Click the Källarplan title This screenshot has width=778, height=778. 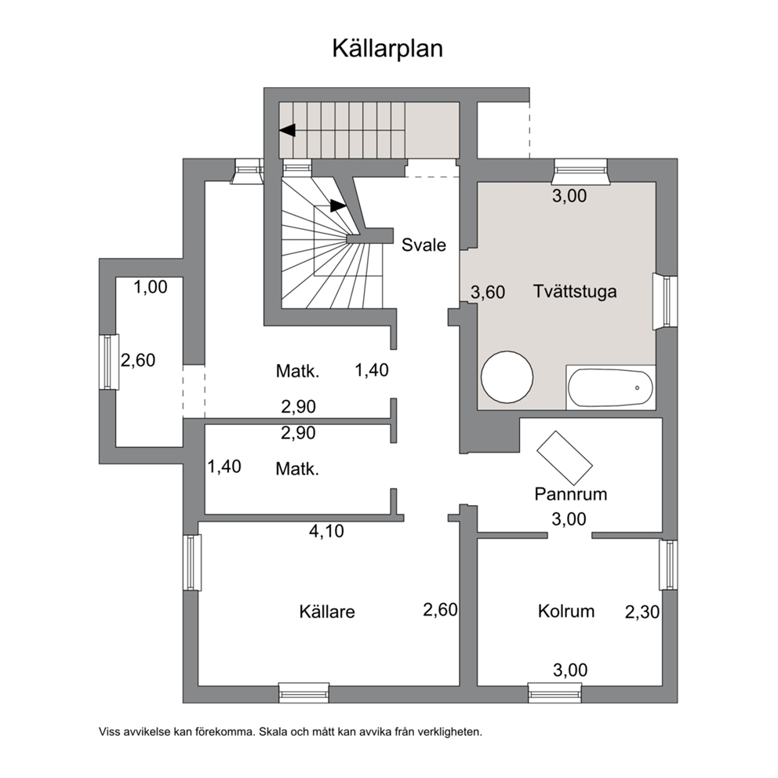(x=387, y=49)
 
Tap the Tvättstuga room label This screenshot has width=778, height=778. (x=575, y=291)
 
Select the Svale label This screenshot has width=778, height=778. (x=424, y=245)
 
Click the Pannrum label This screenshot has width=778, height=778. (x=571, y=494)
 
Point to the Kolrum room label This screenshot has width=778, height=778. (x=566, y=611)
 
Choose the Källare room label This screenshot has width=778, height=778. (x=327, y=612)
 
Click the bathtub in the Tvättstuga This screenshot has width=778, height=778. (x=610, y=388)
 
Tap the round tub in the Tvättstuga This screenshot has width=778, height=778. (x=507, y=376)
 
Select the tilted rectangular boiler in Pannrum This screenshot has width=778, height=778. (x=565, y=458)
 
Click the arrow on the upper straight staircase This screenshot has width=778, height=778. (x=287, y=130)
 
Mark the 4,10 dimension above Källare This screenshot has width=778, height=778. (x=326, y=532)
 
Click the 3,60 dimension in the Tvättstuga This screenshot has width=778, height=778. (x=488, y=293)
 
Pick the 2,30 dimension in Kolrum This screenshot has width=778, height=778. (x=642, y=613)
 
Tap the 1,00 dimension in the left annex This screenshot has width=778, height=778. (x=151, y=287)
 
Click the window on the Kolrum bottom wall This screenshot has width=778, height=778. (x=554, y=693)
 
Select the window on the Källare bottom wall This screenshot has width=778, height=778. (x=304, y=693)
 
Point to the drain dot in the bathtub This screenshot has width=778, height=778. (x=637, y=388)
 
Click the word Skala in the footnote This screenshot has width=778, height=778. (x=272, y=732)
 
